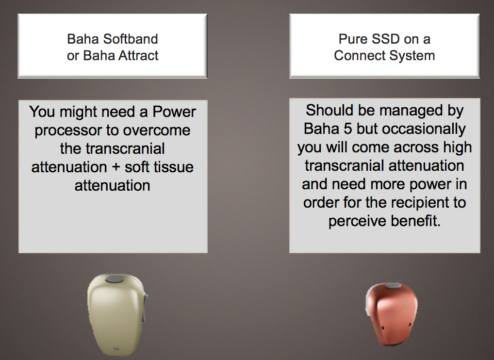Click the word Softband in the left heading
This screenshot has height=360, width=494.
coord(131,39)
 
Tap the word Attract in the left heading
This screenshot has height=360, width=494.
coord(138,55)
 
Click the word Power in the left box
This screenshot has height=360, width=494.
coord(174,112)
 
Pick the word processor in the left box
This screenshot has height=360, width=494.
coord(75,131)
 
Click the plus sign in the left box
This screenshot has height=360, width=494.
coord(116,167)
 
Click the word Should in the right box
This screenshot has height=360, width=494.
coord(327,111)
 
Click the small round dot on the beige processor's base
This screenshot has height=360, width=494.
coord(116,349)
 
